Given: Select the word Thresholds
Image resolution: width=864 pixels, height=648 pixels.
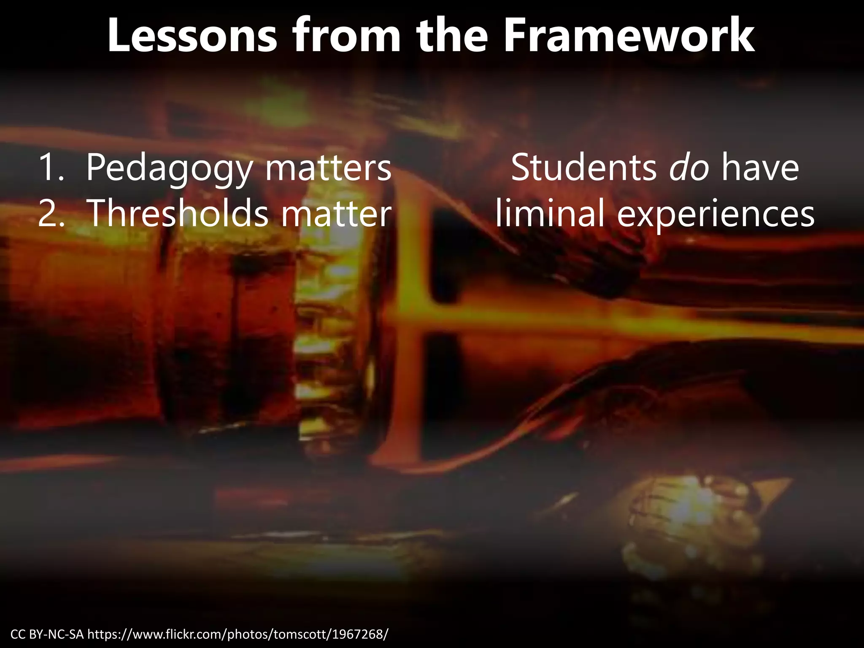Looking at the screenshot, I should pyautogui.click(x=178, y=213).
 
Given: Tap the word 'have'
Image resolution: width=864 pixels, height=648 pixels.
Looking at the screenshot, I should pyautogui.click(x=760, y=168).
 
